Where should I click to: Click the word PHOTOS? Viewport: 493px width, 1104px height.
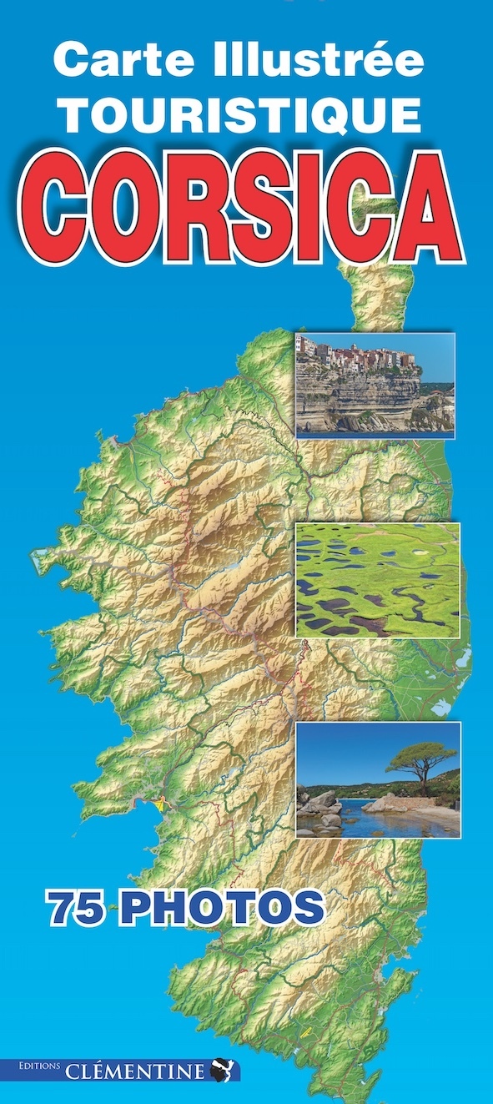(220, 909)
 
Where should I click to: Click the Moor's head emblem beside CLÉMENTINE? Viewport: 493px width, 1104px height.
(223, 1070)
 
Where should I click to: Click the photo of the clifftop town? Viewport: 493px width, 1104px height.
(375, 385)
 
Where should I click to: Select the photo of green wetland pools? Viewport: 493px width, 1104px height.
(378, 580)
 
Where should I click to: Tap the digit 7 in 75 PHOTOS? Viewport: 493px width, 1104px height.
(63, 909)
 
